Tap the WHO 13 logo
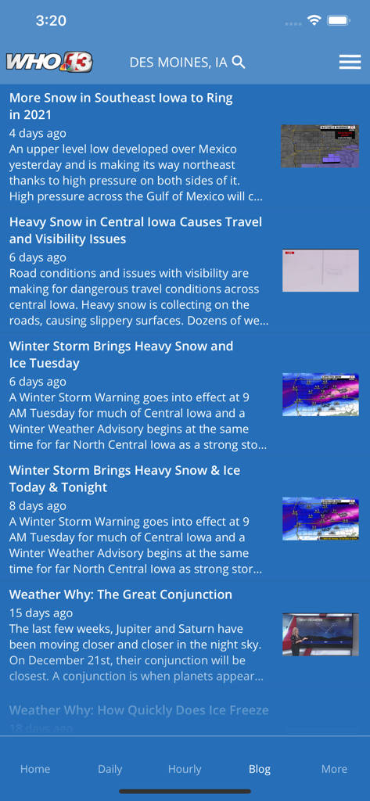point(48,62)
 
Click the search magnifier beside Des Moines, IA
point(239,62)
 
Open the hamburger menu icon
point(350,62)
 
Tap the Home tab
point(35,769)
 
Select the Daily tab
point(110,769)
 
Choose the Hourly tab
point(185,769)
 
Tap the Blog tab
point(260,769)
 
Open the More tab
point(334,769)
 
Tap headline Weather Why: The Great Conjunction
point(120,594)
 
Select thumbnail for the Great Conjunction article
point(321,634)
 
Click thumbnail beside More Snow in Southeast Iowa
point(321,146)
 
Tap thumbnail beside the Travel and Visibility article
point(321,271)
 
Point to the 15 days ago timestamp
point(41,612)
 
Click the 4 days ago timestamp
point(38,133)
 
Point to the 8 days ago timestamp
point(38,505)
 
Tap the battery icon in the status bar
point(339,21)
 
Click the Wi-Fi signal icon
point(314,21)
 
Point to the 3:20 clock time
point(51,21)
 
